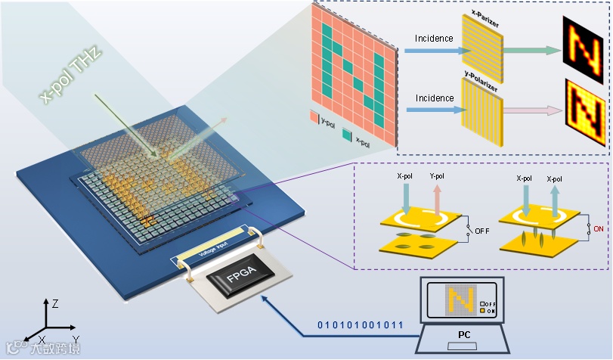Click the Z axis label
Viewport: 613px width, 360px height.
[55, 303]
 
